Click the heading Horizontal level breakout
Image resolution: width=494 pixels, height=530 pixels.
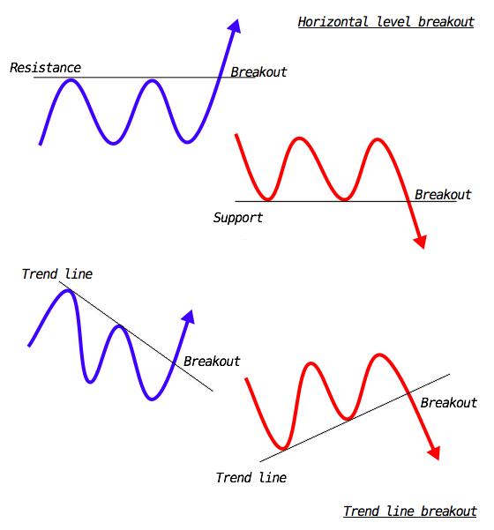point(385,22)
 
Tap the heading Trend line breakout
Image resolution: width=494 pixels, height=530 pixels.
point(410,511)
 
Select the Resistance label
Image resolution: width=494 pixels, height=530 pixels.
point(45,68)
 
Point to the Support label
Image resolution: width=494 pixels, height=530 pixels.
point(237,218)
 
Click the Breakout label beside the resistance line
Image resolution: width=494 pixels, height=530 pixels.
point(258,72)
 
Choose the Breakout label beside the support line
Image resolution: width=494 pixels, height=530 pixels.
point(443,195)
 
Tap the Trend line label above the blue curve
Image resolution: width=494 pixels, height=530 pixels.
point(56,273)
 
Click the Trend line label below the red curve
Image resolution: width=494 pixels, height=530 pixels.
point(251,478)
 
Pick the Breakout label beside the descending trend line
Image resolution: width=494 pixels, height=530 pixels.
point(212,362)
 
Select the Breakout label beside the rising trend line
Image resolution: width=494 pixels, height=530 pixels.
point(449,402)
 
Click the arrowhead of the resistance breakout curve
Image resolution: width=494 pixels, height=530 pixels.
point(235,26)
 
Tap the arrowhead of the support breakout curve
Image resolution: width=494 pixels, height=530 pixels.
point(421,242)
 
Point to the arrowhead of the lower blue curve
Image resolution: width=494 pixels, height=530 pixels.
point(189,317)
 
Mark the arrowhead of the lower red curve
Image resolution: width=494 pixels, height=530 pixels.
point(434,453)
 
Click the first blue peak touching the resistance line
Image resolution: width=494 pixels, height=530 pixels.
point(71,80)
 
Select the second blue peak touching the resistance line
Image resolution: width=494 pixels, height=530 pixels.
point(152,81)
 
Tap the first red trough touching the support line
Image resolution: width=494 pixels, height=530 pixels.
point(267,198)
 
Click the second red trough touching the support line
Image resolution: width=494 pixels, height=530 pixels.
point(344,198)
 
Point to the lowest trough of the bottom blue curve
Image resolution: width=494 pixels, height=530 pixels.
point(152,399)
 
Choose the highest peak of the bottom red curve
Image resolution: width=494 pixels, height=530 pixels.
point(379,355)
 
